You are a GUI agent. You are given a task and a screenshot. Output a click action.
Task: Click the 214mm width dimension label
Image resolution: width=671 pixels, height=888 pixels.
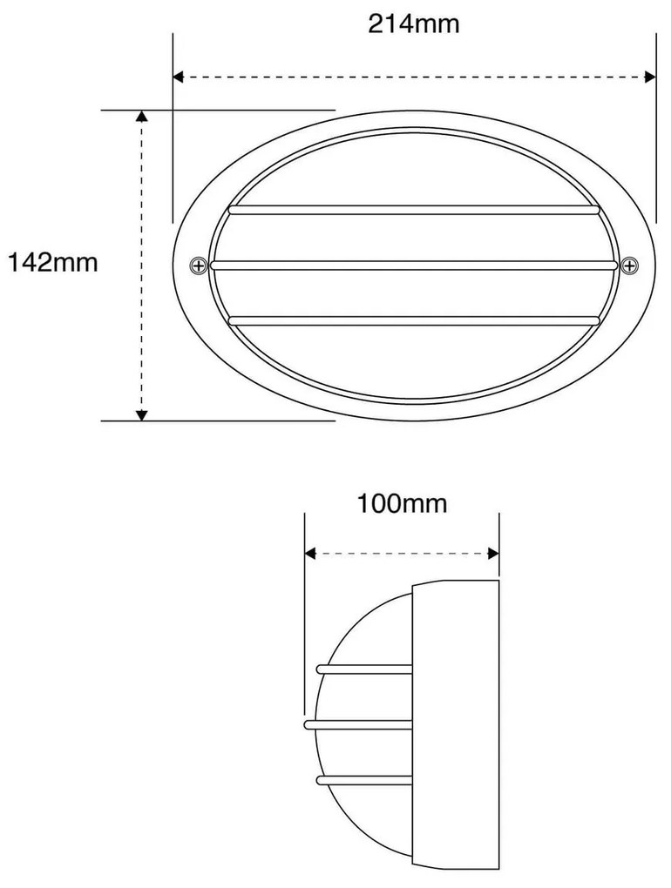tap(413, 24)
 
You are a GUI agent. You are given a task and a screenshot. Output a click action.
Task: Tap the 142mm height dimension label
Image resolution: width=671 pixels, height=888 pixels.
tap(53, 262)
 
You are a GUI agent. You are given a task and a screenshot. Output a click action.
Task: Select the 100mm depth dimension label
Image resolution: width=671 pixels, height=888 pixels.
tap(402, 503)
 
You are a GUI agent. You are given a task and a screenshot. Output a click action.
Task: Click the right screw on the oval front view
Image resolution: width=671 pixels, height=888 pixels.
tap(629, 264)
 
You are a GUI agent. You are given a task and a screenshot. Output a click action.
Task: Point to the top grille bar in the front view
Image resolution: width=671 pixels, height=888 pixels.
tap(413, 210)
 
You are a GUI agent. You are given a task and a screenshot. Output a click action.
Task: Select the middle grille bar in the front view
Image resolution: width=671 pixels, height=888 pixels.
tap(413, 264)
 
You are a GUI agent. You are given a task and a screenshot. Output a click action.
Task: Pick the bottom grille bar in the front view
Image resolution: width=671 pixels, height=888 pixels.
tap(413, 320)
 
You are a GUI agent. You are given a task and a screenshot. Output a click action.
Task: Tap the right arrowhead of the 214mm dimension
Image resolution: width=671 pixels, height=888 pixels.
tap(649, 77)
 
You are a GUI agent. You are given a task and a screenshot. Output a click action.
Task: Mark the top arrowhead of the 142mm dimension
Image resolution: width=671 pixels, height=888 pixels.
tap(142, 117)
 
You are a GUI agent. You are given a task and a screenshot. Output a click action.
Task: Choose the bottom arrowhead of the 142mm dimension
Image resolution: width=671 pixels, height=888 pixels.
tap(142, 414)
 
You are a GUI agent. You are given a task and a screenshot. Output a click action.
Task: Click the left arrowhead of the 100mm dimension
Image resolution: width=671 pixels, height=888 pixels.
tap(310, 553)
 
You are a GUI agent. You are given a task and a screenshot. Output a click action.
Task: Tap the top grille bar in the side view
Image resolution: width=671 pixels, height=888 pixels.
tap(363, 669)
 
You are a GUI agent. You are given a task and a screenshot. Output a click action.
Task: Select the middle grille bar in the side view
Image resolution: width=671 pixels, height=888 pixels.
tap(357, 723)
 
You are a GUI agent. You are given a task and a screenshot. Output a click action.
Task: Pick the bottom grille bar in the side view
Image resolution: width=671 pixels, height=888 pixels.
tap(363, 779)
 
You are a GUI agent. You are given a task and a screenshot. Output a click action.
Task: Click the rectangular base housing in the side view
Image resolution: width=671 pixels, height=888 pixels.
tap(455, 724)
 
